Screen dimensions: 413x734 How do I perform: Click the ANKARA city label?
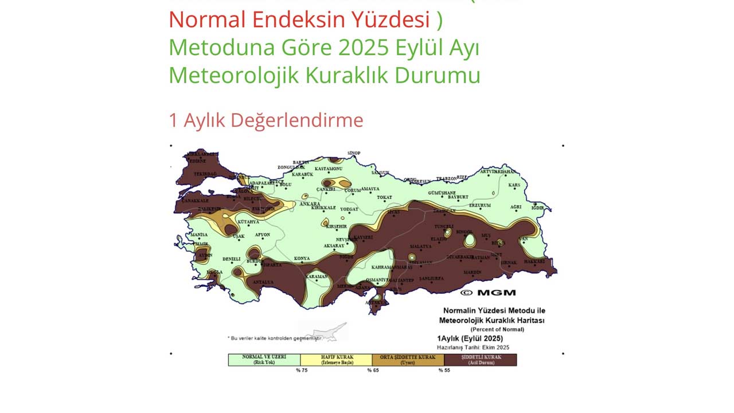[x=310, y=204]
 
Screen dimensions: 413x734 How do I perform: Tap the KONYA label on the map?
[x=302, y=259]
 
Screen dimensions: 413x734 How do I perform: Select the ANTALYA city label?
[x=263, y=282]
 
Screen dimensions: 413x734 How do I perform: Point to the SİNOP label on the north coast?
[x=354, y=153]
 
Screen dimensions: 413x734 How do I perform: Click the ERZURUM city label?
[x=480, y=205]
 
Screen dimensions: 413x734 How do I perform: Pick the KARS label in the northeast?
[x=514, y=185]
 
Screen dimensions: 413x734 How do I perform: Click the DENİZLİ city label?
[x=231, y=259]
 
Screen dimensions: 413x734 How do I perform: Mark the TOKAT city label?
[x=384, y=197]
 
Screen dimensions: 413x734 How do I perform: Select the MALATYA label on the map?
[x=420, y=246]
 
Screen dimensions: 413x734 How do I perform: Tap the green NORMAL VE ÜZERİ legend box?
[x=264, y=360]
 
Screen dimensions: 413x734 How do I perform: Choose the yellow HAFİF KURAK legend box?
[x=336, y=360]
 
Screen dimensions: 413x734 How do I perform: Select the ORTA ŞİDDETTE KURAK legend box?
[x=408, y=360]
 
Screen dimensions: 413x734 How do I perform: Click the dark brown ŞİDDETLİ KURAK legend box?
[x=481, y=360]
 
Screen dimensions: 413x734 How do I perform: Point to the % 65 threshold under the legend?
[x=372, y=371]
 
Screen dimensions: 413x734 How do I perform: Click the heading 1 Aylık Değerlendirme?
[x=266, y=120]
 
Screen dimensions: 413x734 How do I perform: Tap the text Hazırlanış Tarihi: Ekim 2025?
[x=473, y=348]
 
